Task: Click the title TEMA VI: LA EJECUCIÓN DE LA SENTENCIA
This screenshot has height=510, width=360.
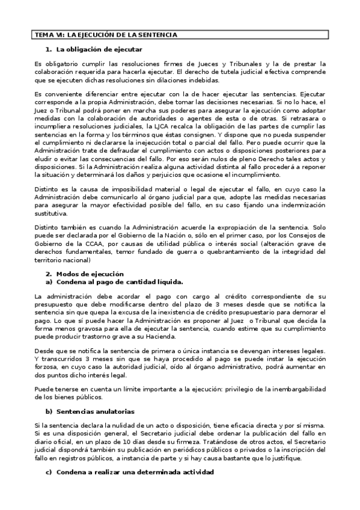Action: click(x=105, y=35)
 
